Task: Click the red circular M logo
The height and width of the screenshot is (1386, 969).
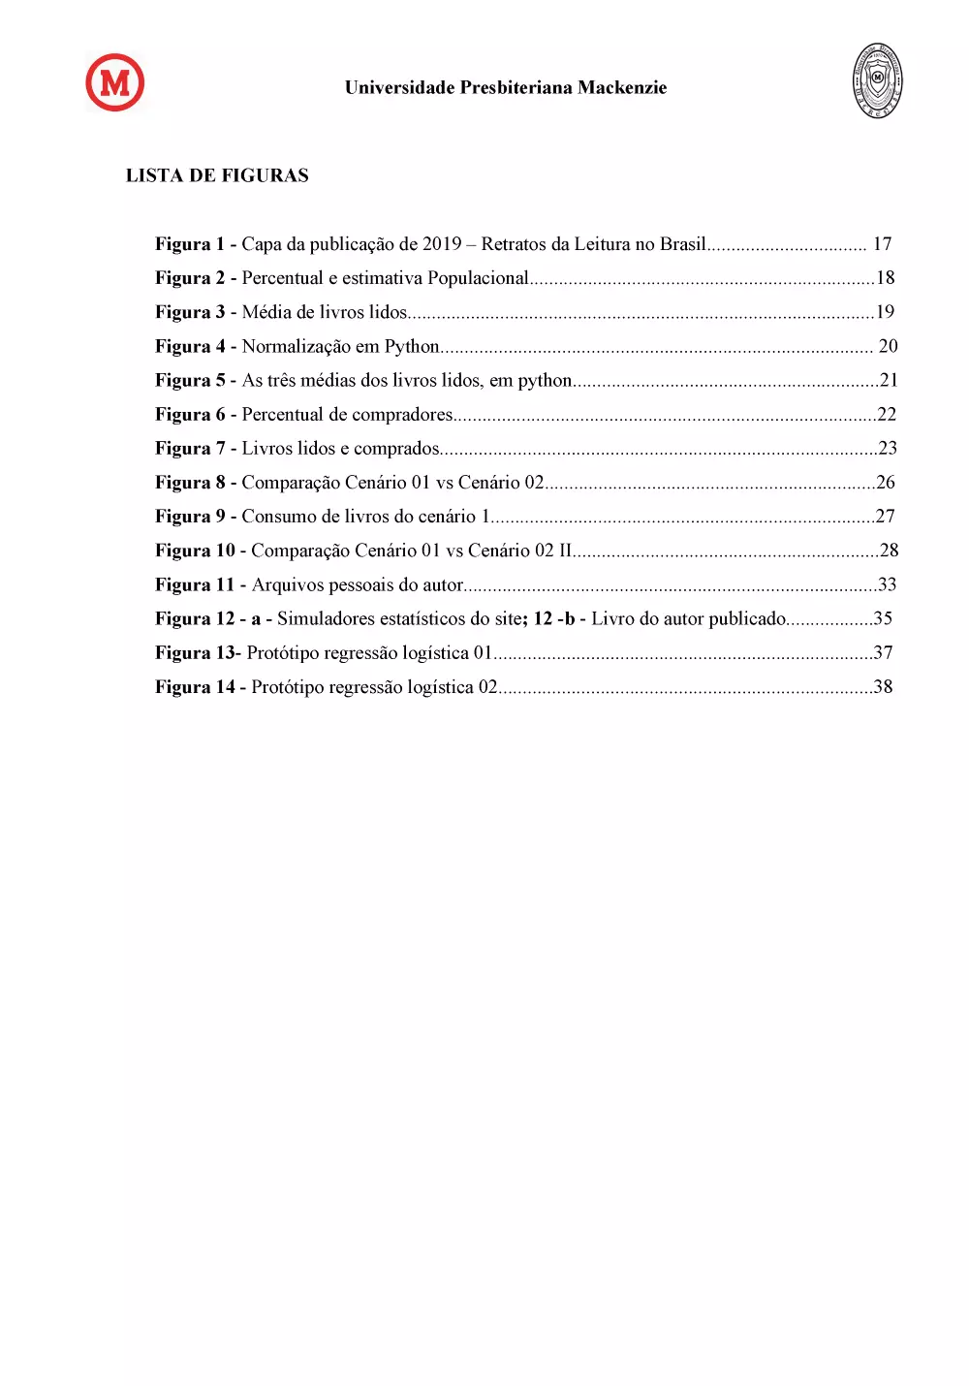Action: point(115,82)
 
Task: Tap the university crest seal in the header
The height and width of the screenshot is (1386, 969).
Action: point(877,80)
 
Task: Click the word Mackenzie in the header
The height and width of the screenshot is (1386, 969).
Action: point(622,88)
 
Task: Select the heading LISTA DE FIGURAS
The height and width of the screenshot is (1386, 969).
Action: point(217,175)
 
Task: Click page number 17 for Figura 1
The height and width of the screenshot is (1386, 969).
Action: point(882,244)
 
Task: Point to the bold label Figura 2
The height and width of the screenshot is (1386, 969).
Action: point(190,278)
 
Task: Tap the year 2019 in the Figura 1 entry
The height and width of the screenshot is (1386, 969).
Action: point(442,244)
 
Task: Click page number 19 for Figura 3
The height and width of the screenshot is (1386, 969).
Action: point(885,312)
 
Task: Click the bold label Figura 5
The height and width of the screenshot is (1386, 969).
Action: point(190,381)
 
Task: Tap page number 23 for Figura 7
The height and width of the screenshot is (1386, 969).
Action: point(887,448)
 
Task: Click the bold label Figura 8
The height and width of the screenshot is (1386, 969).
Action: point(190,483)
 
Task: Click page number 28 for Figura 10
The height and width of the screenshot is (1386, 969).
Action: point(889,551)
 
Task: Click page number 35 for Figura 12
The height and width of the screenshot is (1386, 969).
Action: point(883,618)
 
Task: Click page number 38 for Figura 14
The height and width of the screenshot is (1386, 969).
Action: point(883,687)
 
